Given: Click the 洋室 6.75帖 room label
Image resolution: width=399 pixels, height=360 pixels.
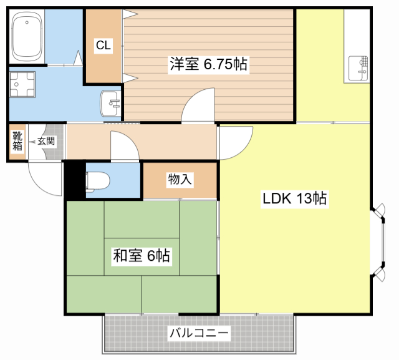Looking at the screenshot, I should coord(209,64).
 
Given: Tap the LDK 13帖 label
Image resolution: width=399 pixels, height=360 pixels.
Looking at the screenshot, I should coord(294,200).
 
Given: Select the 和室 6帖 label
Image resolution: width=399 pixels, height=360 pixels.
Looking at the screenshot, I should coord(142,255).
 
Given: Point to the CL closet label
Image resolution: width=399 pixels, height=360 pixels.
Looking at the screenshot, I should coord(103,45).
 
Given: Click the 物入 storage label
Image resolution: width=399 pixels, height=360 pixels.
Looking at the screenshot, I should coord(180,180).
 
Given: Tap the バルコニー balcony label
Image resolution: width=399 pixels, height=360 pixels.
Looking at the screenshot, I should coord(199,333).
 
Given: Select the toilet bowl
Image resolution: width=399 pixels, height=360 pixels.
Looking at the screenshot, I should coord(98,180).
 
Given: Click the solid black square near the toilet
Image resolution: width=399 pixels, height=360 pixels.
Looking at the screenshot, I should coord(74,180).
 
